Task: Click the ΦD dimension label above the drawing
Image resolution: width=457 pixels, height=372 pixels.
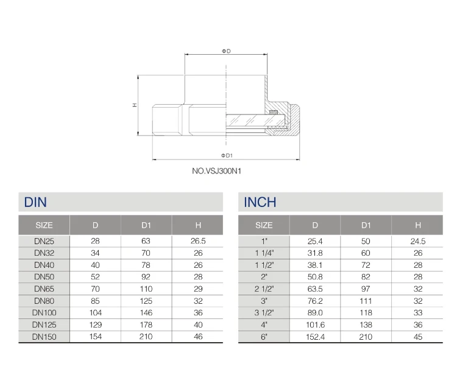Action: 225,51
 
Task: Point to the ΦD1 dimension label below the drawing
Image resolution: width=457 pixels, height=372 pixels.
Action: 225,155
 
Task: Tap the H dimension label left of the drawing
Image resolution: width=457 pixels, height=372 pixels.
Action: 135,105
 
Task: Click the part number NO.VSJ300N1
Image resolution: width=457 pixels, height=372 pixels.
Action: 217,171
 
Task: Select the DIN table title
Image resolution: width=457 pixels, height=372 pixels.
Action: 35,202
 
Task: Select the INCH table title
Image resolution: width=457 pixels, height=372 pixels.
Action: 260,202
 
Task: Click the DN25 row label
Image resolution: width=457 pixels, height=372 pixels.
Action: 44,241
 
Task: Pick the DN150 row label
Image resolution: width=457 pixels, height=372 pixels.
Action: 44,336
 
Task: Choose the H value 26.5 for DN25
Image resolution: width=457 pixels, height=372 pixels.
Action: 197,241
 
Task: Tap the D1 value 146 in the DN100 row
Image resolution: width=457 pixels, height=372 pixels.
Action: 146,312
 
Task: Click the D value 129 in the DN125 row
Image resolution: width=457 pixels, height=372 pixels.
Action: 95,325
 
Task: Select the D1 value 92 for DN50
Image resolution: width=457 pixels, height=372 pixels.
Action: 146,277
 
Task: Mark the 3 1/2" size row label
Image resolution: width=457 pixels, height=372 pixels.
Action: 264,312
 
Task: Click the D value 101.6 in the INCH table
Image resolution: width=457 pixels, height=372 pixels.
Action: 315,325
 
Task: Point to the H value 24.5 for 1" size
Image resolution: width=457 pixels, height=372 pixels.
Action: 417,241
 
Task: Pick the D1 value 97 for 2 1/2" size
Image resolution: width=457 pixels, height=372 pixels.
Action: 366,289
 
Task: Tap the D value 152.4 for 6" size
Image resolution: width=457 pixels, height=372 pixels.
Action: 315,336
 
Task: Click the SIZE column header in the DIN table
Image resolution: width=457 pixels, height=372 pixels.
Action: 44,225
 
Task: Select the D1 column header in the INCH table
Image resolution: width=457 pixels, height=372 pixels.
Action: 366,225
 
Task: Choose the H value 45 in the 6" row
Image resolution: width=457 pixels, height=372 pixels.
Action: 417,336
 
